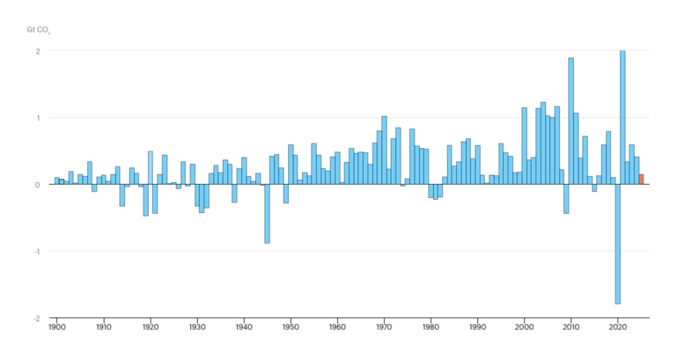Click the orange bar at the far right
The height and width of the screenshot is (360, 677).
click(x=641, y=179)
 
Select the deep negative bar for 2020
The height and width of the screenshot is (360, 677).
click(x=618, y=244)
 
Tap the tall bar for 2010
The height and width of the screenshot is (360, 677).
click(x=571, y=121)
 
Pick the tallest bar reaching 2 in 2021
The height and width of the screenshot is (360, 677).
click(x=623, y=117)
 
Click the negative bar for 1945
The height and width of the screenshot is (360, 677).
click(x=267, y=214)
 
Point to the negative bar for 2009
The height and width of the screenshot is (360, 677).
click(x=566, y=199)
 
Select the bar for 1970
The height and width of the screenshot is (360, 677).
click(x=384, y=150)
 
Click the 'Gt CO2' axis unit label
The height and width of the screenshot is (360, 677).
click(x=34, y=30)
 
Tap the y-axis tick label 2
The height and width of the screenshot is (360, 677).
click(x=38, y=51)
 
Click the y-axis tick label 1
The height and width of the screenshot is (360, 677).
click(x=38, y=118)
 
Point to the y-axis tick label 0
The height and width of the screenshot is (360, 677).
click(x=38, y=185)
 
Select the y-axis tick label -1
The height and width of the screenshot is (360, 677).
click(x=37, y=251)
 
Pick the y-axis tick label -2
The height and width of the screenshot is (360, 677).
click(x=37, y=318)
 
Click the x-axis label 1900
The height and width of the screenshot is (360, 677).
click(x=56, y=327)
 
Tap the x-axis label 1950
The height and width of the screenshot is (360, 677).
click(x=291, y=327)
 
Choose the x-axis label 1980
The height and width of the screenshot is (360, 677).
click(x=431, y=327)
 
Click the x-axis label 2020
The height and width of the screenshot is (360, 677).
click(x=618, y=327)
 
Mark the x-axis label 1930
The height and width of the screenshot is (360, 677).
click(x=197, y=327)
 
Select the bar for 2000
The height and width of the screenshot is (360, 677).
click(x=524, y=146)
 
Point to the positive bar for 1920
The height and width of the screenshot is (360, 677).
click(x=150, y=168)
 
